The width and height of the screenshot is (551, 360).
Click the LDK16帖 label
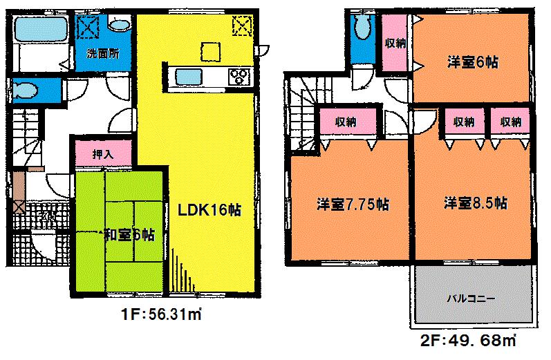click(x=211, y=210)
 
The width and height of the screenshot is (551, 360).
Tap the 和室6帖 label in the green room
click(x=127, y=234)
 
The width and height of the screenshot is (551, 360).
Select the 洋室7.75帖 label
click(x=352, y=205)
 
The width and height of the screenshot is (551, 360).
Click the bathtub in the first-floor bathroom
click(x=39, y=30)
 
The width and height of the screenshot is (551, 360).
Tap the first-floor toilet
click(x=28, y=91)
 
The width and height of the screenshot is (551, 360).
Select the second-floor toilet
click(x=362, y=29)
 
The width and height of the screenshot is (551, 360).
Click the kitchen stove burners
click(x=239, y=75)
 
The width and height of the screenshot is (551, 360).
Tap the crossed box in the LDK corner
click(x=241, y=27)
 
